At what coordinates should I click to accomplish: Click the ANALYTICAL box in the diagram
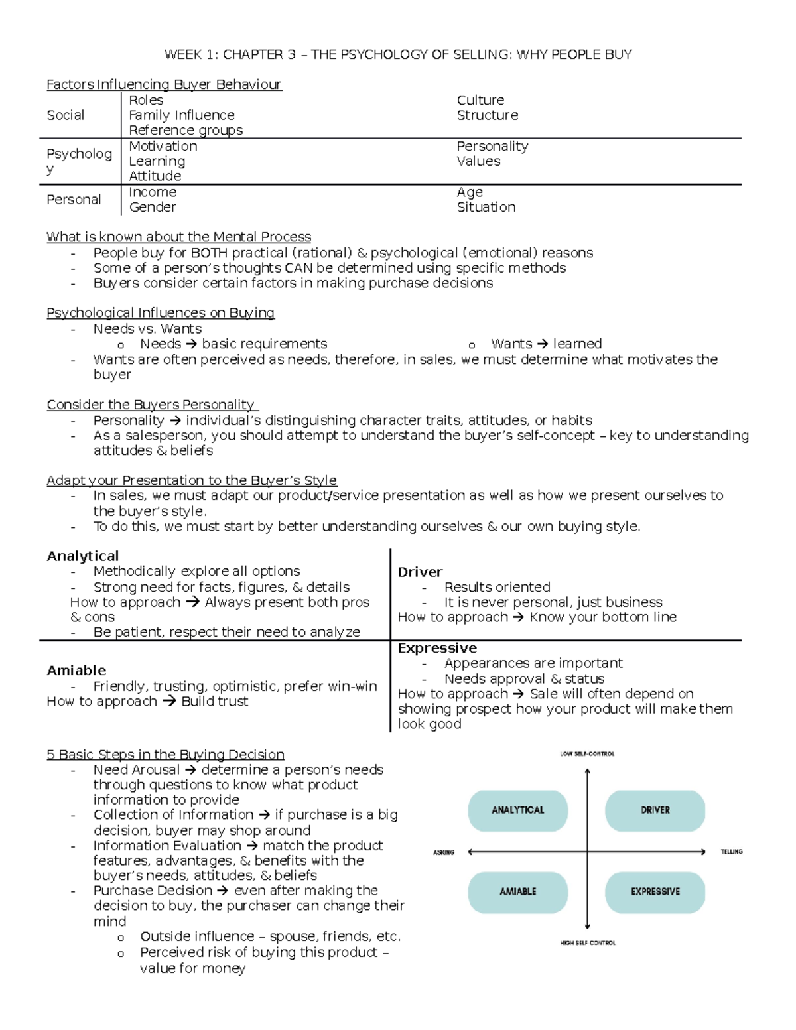tap(517, 810)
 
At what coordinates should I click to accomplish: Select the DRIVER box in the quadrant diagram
tap(655, 810)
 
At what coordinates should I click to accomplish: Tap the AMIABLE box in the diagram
tap(517, 891)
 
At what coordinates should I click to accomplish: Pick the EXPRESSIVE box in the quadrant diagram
tap(655, 891)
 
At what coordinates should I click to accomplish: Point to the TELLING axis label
tap(732, 852)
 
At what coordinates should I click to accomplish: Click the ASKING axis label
tap(444, 852)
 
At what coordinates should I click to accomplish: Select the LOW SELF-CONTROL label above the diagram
tap(587, 754)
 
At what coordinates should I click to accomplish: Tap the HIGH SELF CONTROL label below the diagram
tap(588, 942)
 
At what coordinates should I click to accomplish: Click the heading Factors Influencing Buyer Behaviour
tap(164, 84)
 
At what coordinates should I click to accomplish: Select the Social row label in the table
tap(65, 115)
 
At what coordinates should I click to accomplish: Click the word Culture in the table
tap(480, 100)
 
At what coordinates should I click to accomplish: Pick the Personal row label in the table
tap(74, 200)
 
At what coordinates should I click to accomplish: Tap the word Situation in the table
tap(486, 207)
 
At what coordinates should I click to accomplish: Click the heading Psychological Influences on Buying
tap(161, 313)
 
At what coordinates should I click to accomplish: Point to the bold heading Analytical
tap(83, 556)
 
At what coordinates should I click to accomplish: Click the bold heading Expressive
tap(437, 648)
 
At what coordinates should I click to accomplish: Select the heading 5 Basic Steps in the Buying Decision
tap(165, 755)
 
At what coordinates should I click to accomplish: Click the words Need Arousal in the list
tap(136, 770)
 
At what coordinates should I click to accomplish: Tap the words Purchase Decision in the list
tap(153, 891)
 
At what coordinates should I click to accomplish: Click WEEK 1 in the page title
tap(190, 54)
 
